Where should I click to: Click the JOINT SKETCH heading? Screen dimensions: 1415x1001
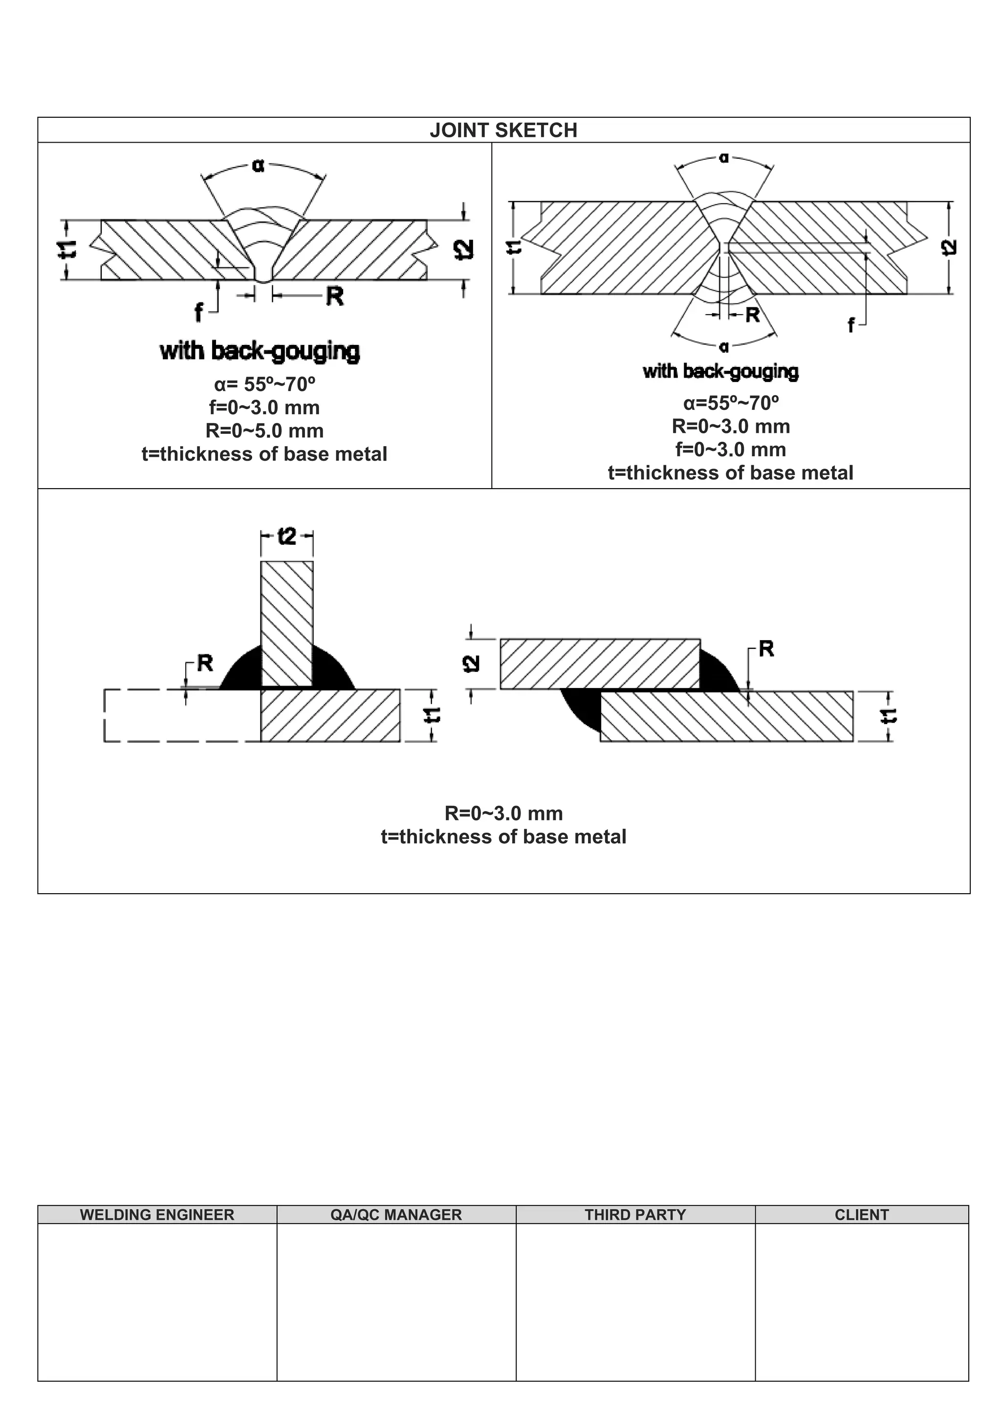[503, 130]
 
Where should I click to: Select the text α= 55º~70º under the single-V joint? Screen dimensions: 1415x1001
[264, 384]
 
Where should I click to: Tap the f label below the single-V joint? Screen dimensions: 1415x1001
[198, 312]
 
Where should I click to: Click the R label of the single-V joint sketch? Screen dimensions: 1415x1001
[334, 297]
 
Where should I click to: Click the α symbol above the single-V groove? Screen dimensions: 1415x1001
[258, 165]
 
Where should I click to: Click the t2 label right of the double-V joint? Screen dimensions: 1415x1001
[950, 247]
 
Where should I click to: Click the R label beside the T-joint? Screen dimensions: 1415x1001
[205, 663]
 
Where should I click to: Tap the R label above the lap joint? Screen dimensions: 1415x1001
[766, 648]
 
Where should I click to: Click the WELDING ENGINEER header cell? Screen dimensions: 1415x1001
[157, 1215]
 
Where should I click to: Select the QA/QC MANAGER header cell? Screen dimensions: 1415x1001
[396, 1215]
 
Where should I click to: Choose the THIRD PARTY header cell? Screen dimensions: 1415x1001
[635, 1215]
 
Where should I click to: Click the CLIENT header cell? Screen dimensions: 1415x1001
[861, 1215]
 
